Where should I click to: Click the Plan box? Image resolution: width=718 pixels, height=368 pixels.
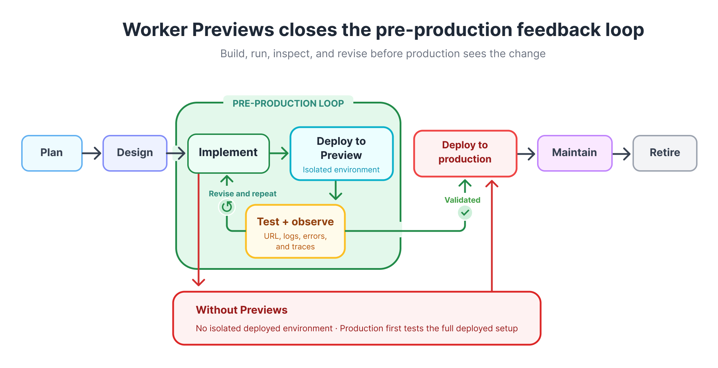coord(52,153)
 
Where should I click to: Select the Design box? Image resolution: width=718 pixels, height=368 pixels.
coord(135,153)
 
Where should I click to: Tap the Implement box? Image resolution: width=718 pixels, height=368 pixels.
coord(229,154)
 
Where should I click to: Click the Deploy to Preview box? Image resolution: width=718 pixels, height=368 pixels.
coord(342,154)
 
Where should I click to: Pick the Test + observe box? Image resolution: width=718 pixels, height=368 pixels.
coord(295,231)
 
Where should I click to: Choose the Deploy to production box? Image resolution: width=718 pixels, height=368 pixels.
coord(465,154)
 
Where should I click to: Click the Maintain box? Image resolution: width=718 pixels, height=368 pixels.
coord(575,153)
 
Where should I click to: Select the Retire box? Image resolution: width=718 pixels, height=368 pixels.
coord(665,153)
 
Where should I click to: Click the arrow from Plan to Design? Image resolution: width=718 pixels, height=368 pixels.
coord(92,153)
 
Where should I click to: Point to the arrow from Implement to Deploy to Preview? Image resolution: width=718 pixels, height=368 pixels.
coord(279,153)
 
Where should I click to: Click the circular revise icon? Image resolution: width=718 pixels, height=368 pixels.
coord(227,207)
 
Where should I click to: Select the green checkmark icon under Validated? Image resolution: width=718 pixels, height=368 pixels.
coord(465,213)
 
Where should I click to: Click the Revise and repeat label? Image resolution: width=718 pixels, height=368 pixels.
coord(243,194)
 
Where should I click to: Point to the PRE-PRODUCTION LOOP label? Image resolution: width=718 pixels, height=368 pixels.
coord(288,103)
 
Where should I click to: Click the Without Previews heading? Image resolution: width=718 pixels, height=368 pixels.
coord(242,310)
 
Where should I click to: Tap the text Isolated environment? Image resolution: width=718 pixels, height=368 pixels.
coord(341,170)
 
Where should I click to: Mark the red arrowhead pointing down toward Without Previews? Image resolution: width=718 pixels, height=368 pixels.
coord(199,282)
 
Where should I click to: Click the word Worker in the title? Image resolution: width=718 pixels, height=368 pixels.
coord(155,30)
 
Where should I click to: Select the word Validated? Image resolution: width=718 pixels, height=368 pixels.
coord(463,200)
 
